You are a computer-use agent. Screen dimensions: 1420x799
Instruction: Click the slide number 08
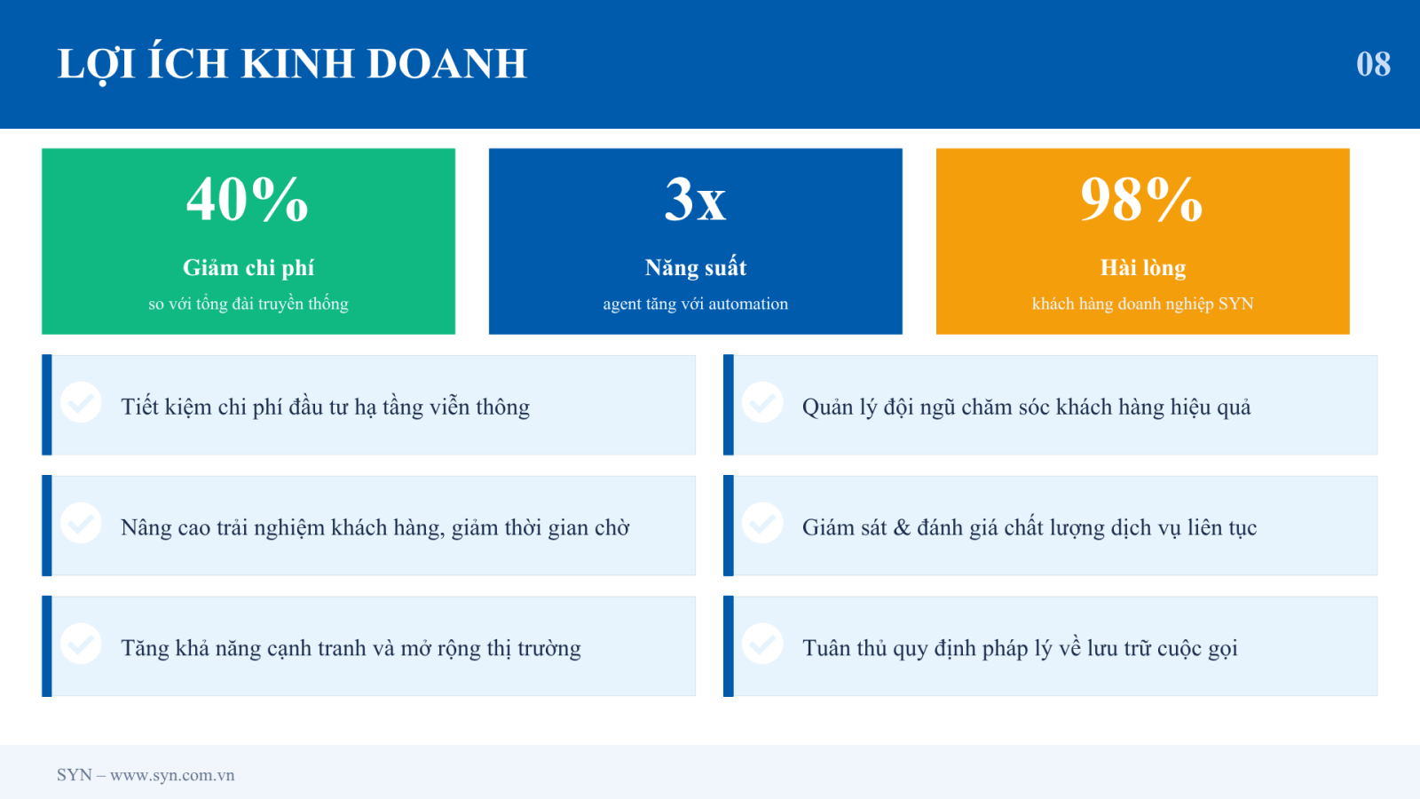click(1373, 64)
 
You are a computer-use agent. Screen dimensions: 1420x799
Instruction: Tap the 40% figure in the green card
click(248, 199)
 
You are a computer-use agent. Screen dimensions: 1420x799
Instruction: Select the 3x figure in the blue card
click(696, 199)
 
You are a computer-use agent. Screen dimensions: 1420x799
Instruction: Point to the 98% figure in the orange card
click(1141, 199)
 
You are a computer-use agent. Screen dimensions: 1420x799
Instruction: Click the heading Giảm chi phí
click(248, 267)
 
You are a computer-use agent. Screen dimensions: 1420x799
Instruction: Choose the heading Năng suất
click(696, 267)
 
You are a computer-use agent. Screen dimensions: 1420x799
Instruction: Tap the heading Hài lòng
click(1143, 267)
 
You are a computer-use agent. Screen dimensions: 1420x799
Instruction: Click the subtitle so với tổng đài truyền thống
click(248, 304)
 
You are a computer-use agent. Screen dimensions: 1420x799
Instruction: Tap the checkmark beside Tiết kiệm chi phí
click(81, 402)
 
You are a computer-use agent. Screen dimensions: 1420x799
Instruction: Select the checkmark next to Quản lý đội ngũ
click(762, 402)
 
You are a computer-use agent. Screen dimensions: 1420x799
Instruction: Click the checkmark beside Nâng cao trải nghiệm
click(81, 523)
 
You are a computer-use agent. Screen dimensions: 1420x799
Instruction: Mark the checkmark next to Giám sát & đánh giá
click(762, 523)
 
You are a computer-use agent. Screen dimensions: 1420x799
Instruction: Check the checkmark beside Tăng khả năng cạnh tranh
click(81, 644)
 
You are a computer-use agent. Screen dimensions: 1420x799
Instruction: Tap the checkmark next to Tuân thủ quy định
click(762, 644)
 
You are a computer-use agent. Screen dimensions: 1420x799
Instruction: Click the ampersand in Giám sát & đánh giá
click(902, 527)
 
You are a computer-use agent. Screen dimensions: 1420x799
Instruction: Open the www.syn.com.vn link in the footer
click(172, 775)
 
